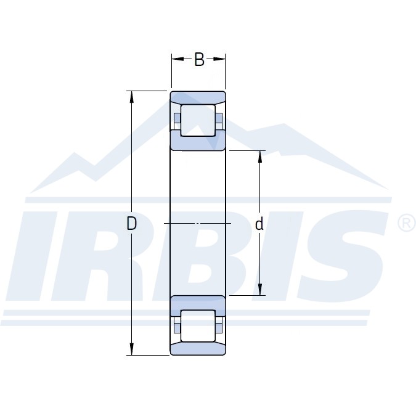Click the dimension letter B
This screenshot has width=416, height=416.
pyautogui.click(x=199, y=59)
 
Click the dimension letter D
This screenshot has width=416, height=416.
pyautogui.click(x=132, y=223)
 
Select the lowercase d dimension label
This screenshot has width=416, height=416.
pyautogui.click(x=259, y=224)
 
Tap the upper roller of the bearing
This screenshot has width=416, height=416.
pyautogui.click(x=198, y=120)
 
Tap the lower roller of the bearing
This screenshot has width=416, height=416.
pyautogui.click(x=198, y=326)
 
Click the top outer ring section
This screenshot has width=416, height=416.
pyautogui.click(x=198, y=97)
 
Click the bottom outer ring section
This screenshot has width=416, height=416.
pyautogui.click(x=198, y=349)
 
